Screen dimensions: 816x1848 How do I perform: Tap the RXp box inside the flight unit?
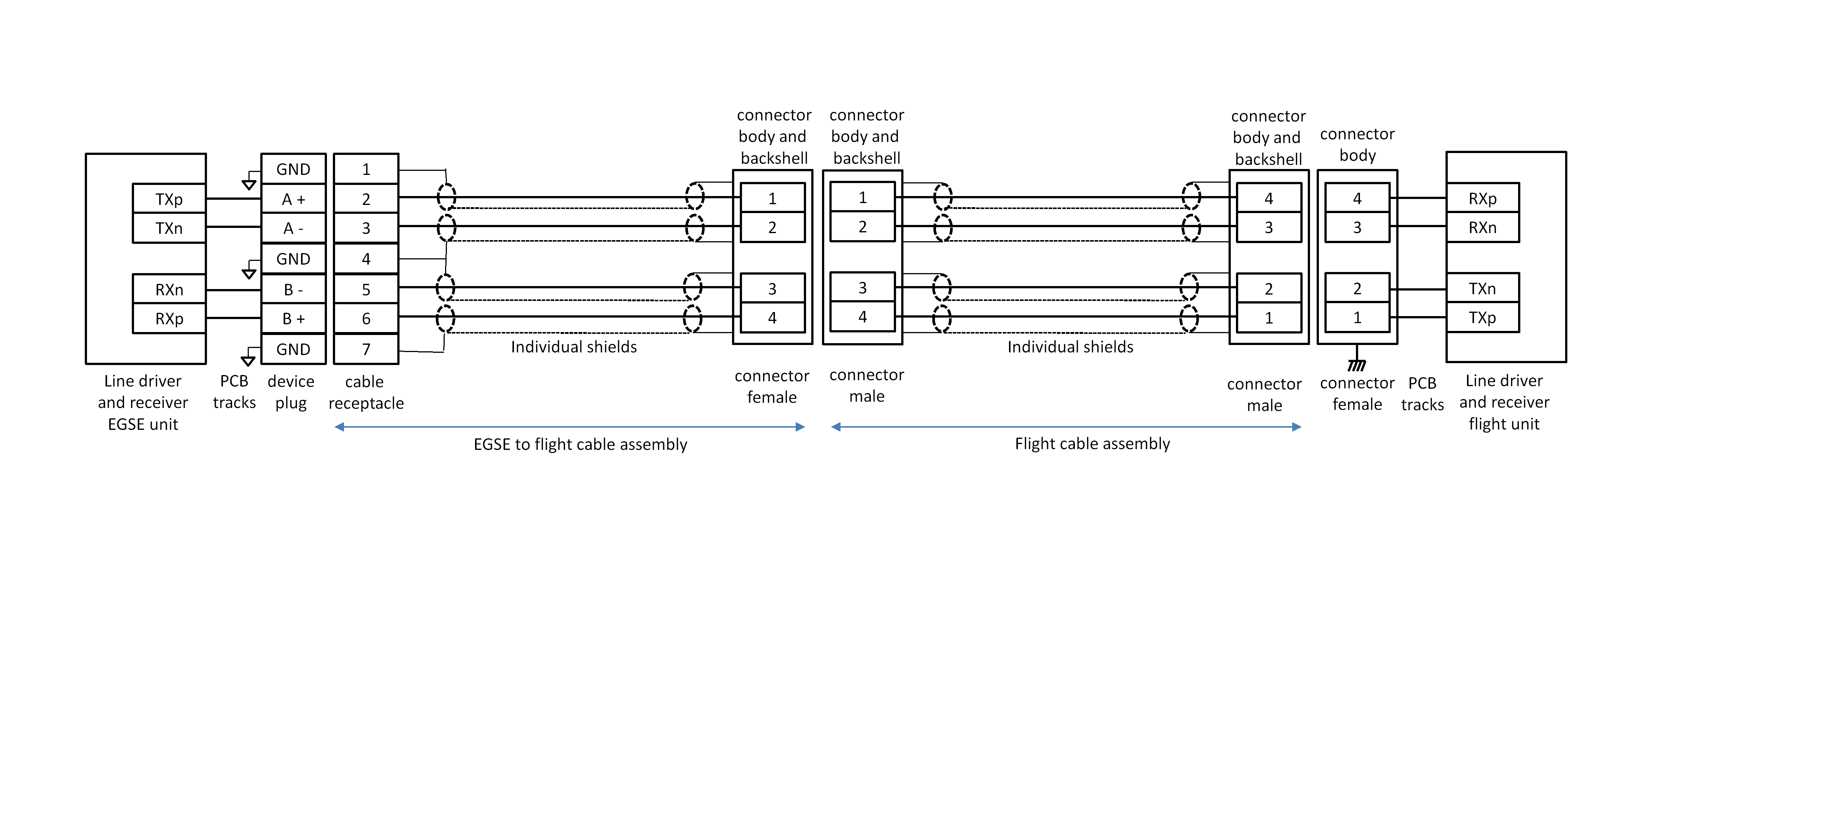click(1482, 199)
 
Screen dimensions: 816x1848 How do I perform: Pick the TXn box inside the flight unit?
click(1482, 289)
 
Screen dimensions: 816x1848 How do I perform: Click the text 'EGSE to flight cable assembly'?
click(580, 444)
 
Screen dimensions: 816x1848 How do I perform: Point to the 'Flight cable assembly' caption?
click(1092, 444)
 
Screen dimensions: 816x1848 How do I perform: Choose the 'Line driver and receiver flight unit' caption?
click(1504, 402)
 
